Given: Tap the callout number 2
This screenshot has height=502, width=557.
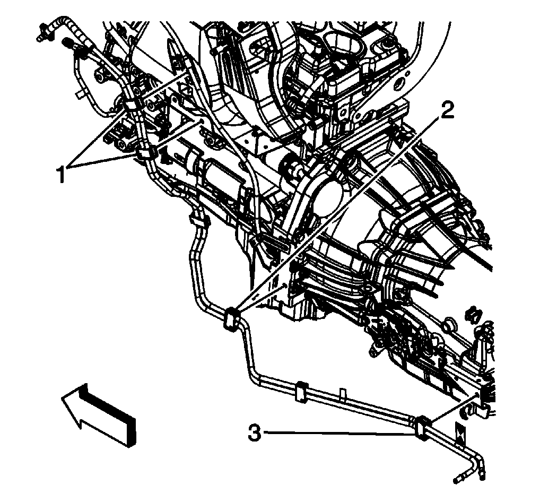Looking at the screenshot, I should [x=448, y=110].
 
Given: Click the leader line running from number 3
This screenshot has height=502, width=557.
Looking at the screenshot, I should [x=340, y=434].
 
